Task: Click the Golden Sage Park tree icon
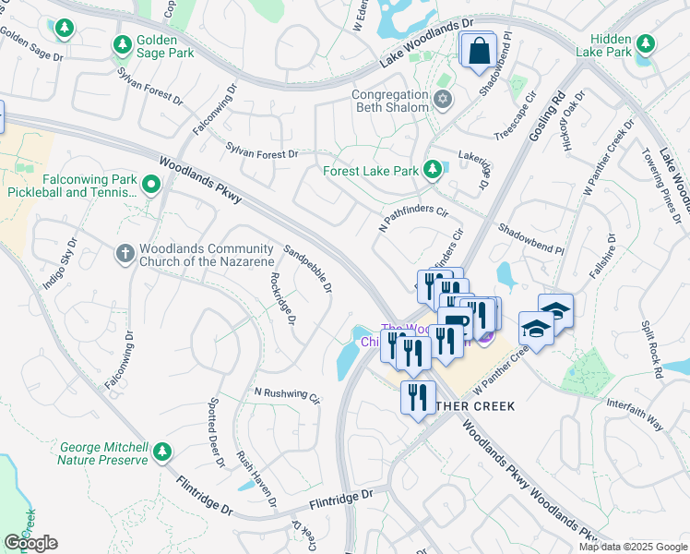coord(122,45)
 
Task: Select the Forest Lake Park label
coord(370,171)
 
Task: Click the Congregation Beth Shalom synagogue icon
coord(443,99)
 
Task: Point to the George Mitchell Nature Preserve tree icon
coord(162,452)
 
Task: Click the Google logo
coord(30,542)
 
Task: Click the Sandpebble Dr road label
coord(307,269)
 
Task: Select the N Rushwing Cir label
coord(287,395)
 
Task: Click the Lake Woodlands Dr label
coord(426,45)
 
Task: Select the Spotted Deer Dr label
coord(216,432)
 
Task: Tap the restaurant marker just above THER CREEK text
coord(418,397)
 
